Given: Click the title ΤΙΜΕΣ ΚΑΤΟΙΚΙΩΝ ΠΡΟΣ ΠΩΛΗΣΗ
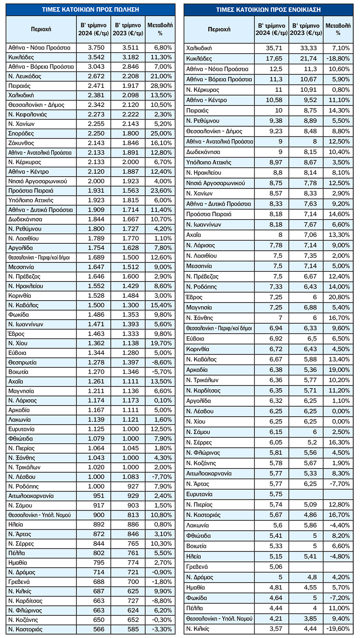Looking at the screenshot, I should pos(90,9).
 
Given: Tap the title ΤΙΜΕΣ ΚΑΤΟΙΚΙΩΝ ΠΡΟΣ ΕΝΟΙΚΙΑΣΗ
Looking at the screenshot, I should pos(268,10).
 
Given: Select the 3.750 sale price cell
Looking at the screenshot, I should pos(96,48).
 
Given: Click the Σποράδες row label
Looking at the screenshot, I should pos(21,134).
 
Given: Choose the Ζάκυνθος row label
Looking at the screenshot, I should pos(21,143).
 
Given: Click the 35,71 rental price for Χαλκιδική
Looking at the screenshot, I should pos(274,48).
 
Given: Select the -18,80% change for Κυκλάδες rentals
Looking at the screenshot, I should pos(338,58).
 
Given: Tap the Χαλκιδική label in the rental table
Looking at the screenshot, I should pos(199,48).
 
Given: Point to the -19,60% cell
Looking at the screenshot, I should pos(338,629).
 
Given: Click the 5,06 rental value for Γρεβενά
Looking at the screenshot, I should pos(276,567).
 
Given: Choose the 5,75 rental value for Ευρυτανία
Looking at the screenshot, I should pos(276,494).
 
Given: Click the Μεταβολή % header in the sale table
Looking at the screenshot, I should pos(160,29).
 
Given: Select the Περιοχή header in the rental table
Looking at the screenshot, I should pos(219,29).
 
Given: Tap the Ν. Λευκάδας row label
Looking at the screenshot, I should pos(25,76).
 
